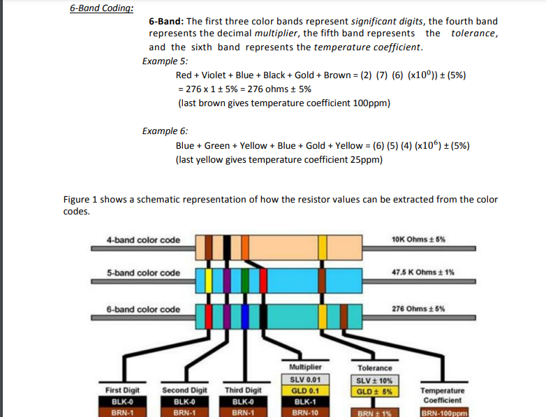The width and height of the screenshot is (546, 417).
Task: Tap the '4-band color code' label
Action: (x=143, y=240)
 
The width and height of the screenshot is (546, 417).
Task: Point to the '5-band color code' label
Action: (x=143, y=273)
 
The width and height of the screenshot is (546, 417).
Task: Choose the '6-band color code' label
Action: (x=143, y=309)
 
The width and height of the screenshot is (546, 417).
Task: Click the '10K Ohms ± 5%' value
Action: (x=419, y=239)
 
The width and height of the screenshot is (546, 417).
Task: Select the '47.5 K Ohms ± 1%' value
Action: (x=424, y=272)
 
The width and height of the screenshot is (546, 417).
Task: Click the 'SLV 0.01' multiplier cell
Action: (x=304, y=379)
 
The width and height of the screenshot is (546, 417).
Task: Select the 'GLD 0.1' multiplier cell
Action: (x=304, y=390)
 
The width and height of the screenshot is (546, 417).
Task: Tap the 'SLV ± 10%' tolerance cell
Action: (x=375, y=380)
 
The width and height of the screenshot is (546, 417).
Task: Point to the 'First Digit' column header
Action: (x=122, y=390)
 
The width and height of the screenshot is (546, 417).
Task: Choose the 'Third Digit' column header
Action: (x=243, y=390)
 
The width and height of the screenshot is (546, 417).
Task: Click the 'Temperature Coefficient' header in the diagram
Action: (x=443, y=395)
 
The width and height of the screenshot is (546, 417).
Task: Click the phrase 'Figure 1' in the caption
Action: (x=78, y=199)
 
